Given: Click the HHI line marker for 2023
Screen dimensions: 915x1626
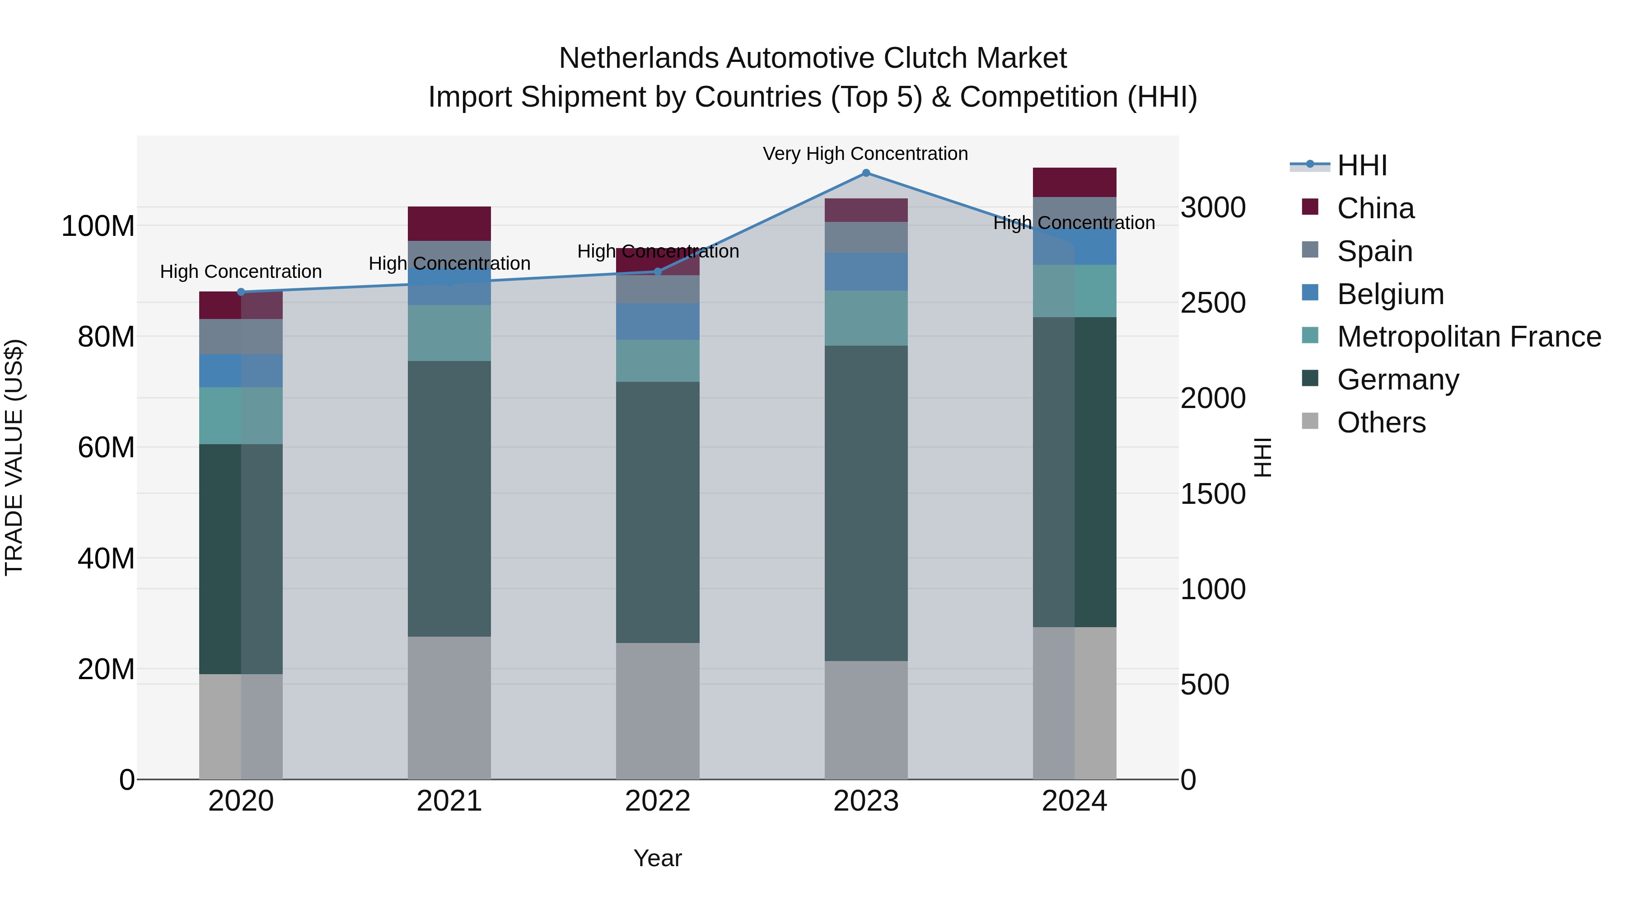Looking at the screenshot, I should click(866, 173).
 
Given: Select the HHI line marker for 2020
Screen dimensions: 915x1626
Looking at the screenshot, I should click(241, 292).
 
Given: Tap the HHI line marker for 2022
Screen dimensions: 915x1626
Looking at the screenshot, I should click(658, 272).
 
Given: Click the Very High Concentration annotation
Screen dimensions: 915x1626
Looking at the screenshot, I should click(865, 154).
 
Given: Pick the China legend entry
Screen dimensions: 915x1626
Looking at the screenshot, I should click(1375, 208).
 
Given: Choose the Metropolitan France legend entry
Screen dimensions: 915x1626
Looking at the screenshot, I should click(1468, 337).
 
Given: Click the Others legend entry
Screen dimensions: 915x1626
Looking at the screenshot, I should click(1380, 422).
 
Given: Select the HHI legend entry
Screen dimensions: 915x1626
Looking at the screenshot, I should click(1361, 165).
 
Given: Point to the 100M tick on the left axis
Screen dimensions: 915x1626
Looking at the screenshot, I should click(98, 226).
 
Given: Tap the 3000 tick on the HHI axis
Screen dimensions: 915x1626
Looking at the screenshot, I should click(1213, 208).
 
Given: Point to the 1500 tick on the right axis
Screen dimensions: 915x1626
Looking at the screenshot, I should click(1213, 494).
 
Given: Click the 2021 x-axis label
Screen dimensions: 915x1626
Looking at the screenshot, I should click(449, 801).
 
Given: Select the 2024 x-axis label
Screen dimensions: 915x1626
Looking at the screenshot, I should click(1075, 801).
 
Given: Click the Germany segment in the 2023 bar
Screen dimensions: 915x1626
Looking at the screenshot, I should click(866, 503).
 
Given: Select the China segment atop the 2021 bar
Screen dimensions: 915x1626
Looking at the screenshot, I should click(449, 224).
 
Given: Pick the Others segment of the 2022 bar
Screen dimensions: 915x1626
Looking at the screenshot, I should click(658, 711).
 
